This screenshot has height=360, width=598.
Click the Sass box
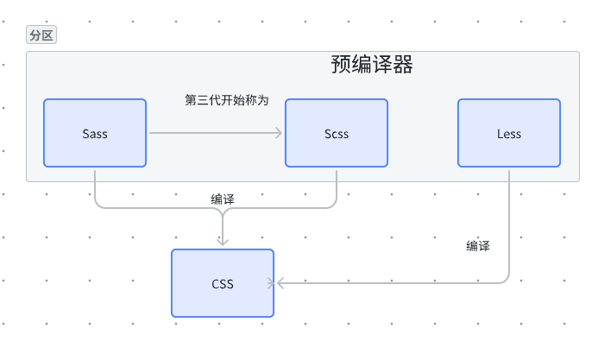95,133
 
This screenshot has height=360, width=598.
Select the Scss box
337,133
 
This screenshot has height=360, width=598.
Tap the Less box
508,133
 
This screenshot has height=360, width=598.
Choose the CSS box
222,283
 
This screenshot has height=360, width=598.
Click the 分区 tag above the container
41,35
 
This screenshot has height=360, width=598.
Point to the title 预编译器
371,65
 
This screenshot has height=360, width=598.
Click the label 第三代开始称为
227,100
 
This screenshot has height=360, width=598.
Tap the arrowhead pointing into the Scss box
279,133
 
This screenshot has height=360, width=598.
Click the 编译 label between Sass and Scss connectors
223,199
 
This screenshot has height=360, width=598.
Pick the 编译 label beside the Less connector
478,246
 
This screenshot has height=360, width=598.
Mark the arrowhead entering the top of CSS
223,243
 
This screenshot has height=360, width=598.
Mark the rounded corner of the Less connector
506,280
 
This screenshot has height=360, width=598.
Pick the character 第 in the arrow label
191,100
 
